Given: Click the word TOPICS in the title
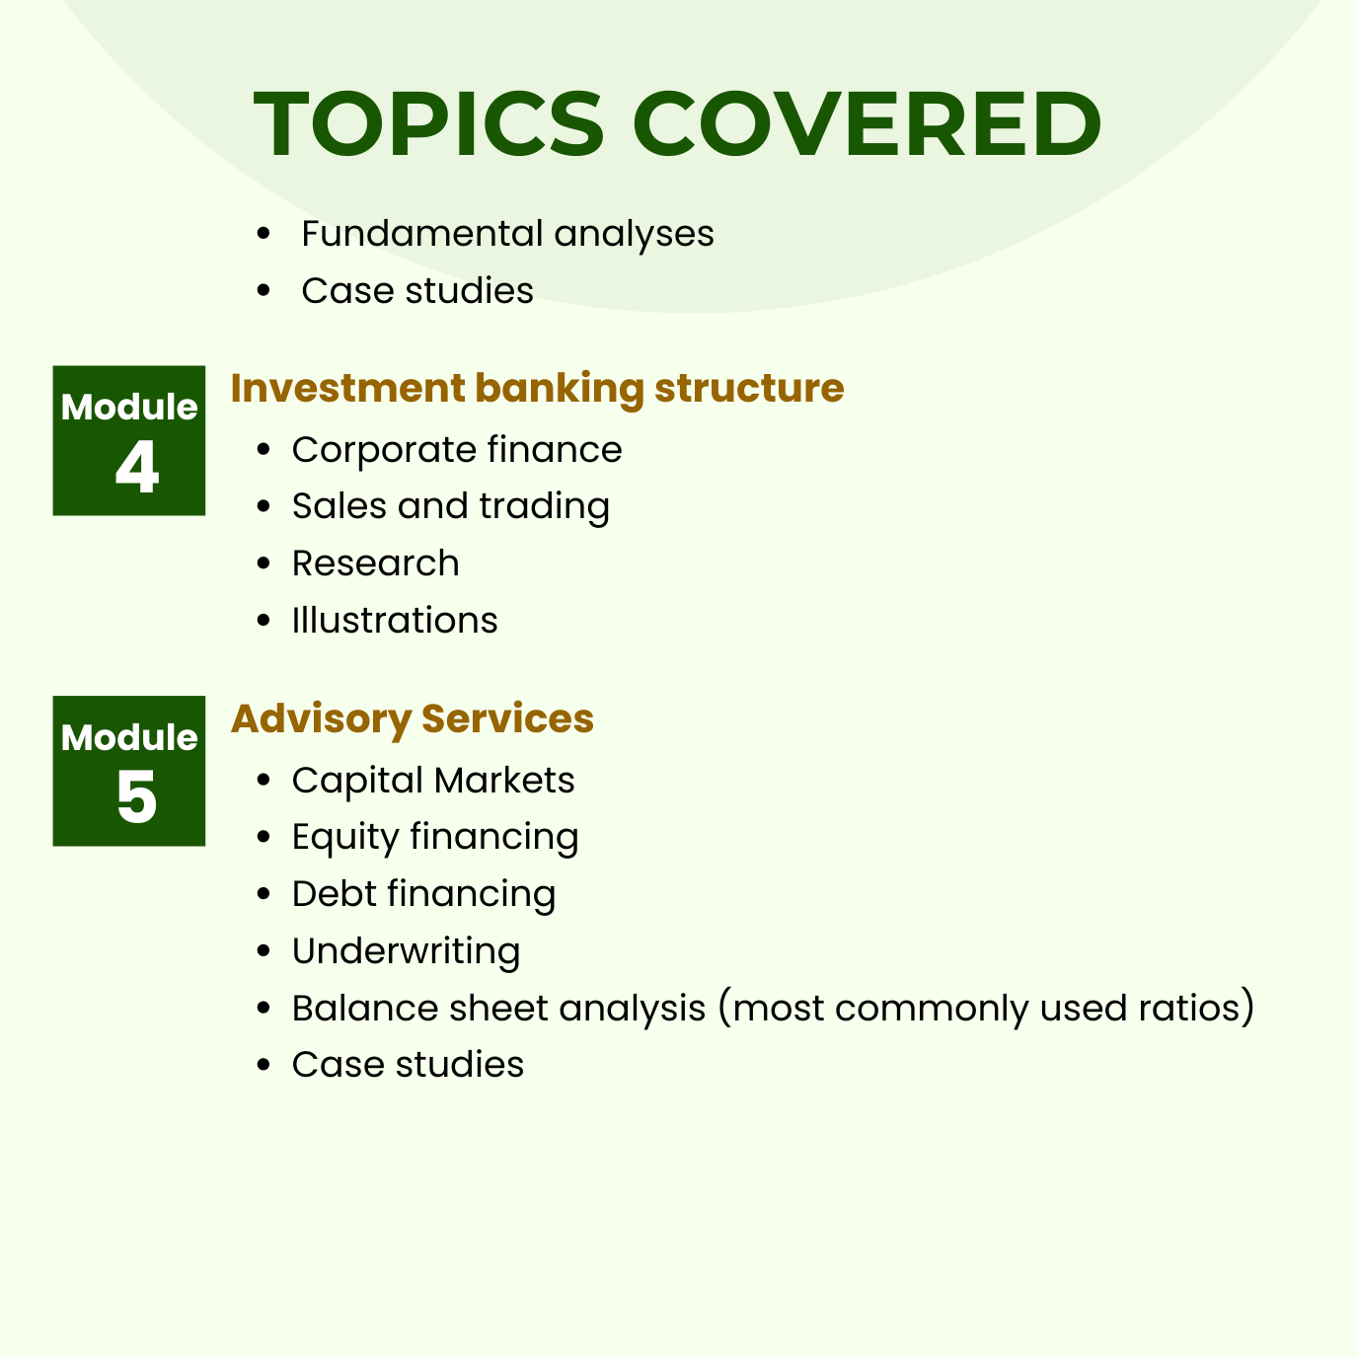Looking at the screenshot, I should pos(429,124).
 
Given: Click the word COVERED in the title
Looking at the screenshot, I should pos(873,124).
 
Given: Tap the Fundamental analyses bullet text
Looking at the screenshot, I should pos(507,234).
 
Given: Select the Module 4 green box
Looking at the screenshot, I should pos(129,440).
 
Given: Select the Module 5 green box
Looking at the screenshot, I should pos(129,771).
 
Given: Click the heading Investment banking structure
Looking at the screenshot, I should pos(537,388).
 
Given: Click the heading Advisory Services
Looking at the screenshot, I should pos(413,718).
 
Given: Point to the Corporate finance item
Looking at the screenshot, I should pos(457,450).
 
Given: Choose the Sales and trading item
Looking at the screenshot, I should pos(450,506).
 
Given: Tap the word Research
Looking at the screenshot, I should pos(375,564).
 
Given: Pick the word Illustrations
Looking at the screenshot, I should pos(395,621).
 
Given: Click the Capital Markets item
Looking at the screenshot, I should pos(433,781).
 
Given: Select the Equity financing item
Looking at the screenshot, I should pos(435,837).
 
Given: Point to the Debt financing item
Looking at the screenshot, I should pos(423,894).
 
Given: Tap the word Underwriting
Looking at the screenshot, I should pos(406,951).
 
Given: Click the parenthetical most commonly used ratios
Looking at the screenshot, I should pos(986,1009).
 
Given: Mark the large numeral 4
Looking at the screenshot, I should pos(136,469).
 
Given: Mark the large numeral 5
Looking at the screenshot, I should pos(136,797).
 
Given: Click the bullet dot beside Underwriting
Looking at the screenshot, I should pos(263,951).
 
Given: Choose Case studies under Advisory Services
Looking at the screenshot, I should pos(408,1065).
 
